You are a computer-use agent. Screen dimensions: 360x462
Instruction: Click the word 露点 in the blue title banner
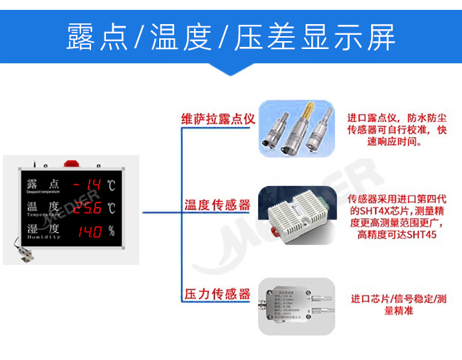pyautogui.click(x=96, y=37)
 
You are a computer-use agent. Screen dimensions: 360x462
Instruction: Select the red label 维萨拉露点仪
pyautogui.click(x=217, y=119)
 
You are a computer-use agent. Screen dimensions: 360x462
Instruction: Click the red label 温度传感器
pyautogui.click(x=217, y=205)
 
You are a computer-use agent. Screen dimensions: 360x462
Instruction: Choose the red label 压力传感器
pyautogui.click(x=217, y=293)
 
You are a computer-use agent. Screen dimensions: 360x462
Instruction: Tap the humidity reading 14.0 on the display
pyautogui.click(x=90, y=231)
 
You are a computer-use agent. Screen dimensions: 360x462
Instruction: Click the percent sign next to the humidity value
pyautogui.click(x=111, y=231)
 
